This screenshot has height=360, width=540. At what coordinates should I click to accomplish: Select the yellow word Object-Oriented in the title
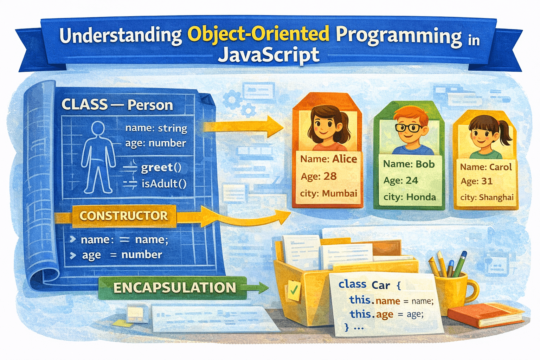click(x=258, y=34)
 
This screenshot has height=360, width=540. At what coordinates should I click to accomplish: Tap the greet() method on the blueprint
click(x=161, y=168)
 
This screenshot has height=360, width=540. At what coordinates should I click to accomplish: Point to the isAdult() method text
click(x=164, y=184)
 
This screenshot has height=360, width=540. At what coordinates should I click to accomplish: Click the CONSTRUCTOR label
click(x=124, y=216)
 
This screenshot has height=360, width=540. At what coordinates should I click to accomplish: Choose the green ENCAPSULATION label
click(x=174, y=288)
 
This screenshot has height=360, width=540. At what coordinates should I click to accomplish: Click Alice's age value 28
click(x=330, y=176)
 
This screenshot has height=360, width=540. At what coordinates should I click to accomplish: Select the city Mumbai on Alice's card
click(x=339, y=193)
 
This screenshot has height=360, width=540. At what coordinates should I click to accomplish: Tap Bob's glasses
click(x=409, y=128)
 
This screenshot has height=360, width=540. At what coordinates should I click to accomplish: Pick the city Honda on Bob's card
click(x=421, y=197)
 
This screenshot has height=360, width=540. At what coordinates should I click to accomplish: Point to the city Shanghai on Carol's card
click(x=496, y=198)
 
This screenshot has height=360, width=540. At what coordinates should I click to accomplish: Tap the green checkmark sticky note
click(x=294, y=290)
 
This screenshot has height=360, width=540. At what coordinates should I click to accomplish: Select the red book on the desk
click(x=485, y=315)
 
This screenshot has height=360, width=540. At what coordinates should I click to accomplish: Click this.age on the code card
click(x=372, y=314)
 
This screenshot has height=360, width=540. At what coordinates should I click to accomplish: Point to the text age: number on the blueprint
click(x=155, y=143)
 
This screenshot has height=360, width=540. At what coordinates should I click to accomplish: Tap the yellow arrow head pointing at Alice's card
click(x=275, y=127)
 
